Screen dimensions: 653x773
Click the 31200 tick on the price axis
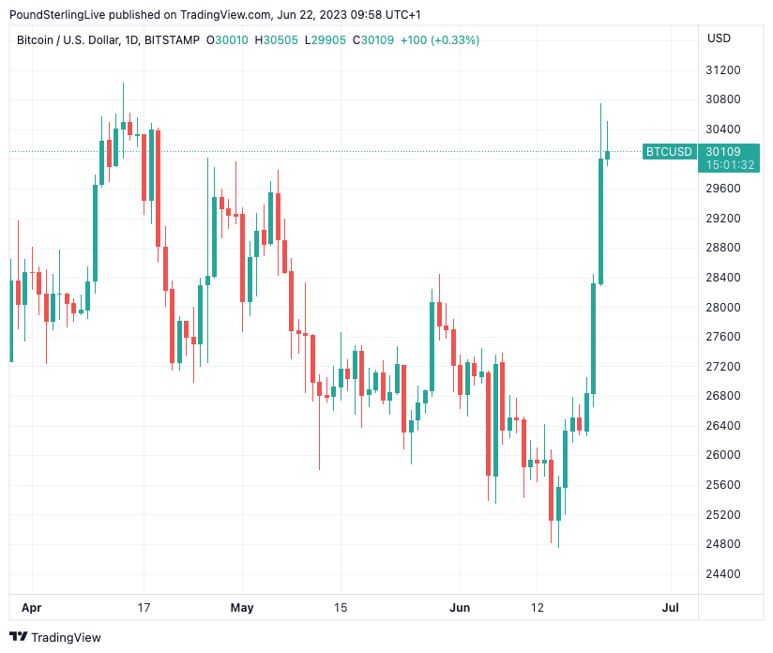coord(722,70)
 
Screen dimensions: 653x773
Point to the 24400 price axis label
coord(722,574)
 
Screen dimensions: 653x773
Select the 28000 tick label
coord(722,308)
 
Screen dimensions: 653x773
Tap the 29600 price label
coord(722,189)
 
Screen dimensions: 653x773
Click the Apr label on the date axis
coord(32,608)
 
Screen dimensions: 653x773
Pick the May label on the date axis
coord(242,608)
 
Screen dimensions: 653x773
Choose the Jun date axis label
coord(461,608)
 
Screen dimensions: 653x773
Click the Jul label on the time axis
coord(671,608)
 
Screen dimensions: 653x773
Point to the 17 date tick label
coord(144,608)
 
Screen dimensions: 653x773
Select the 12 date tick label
coord(537,608)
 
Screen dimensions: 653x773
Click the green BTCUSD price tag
coord(669,152)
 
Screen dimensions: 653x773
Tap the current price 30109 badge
coord(722,152)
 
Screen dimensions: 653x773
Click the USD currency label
coord(719,38)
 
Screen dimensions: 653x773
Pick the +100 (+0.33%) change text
coord(439,40)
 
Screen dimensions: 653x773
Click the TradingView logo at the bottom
coord(55,637)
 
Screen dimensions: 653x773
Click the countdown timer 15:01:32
coord(730,165)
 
